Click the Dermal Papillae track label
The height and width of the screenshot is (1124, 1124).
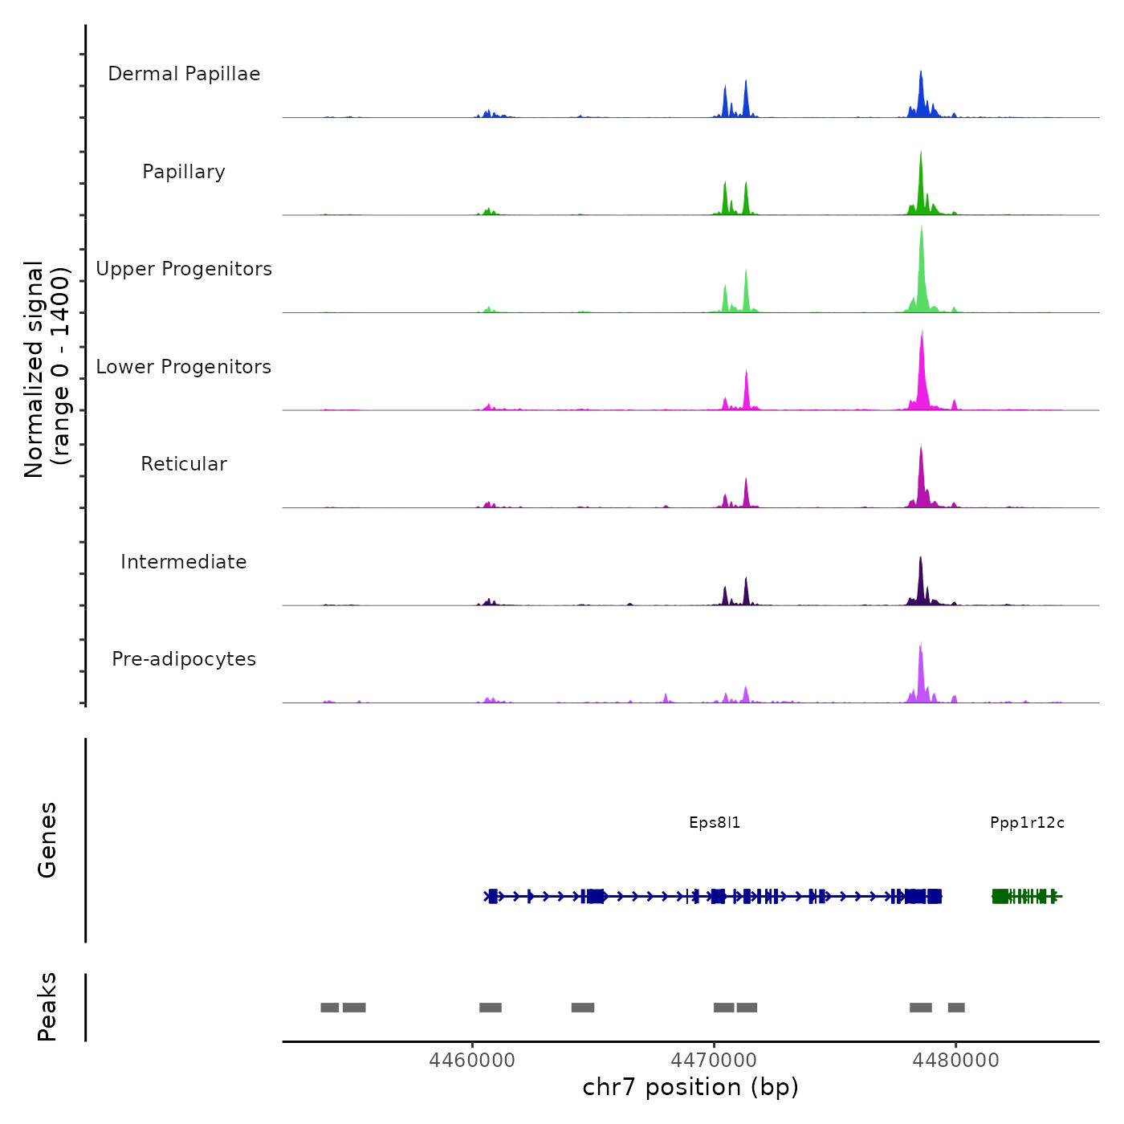pos(184,74)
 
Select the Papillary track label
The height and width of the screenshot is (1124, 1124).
pos(184,172)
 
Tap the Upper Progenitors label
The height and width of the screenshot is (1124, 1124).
pos(184,269)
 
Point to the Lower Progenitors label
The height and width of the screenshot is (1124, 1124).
pos(184,367)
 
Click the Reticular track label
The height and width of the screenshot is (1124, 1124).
pos(184,464)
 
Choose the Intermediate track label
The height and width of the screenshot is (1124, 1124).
pos(184,562)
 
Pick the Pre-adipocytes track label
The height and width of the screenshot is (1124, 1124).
pos(184,659)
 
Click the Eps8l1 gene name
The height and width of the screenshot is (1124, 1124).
pos(715,823)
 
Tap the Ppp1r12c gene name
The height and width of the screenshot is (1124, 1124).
pos(1027,823)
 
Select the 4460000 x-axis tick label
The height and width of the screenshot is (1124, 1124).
pos(472,1061)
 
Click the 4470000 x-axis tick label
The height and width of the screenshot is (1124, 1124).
pos(714,1061)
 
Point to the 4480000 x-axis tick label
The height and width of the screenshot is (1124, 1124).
pos(955,1061)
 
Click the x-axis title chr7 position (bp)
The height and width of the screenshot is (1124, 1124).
pos(690,1087)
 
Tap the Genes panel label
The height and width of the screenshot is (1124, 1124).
pos(47,840)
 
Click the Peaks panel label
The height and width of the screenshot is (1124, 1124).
pos(47,1007)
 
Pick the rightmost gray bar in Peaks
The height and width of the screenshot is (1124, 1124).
pos(956,1008)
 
